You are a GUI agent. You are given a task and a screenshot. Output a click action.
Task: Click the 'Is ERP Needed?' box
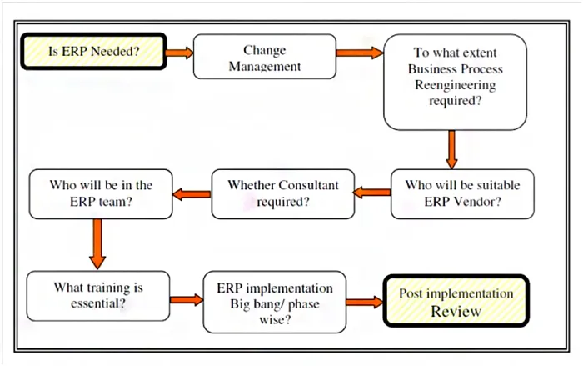click(93, 52)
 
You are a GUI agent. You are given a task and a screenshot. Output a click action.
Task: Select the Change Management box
click(265, 57)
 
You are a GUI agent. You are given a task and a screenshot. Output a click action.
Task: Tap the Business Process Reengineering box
click(455, 82)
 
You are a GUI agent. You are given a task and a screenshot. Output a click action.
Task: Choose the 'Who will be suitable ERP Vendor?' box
click(462, 194)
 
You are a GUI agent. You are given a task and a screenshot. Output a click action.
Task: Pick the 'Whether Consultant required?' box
click(283, 194)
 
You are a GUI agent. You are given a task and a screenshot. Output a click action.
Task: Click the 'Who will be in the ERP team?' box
click(101, 194)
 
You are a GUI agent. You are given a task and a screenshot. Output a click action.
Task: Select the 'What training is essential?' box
click(98, 296)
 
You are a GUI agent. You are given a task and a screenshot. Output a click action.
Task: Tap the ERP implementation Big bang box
click(275, 302)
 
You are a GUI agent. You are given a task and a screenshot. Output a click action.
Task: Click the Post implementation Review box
click(456, 301)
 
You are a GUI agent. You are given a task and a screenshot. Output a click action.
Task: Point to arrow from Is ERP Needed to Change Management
click(180, 53)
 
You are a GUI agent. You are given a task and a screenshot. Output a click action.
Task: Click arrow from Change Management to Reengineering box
click(360, 53)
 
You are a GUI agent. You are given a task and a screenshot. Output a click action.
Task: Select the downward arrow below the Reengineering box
click(451, 150)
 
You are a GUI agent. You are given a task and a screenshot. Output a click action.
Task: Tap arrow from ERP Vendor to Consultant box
click(371, 193)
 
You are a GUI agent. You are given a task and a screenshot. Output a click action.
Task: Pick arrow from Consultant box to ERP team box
click(192, 194)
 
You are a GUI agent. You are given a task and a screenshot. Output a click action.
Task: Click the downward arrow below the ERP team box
click(97, 244)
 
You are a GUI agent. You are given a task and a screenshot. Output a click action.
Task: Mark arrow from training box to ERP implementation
click(187, 300)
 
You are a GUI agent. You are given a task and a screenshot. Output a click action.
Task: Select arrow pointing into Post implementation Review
click(365, 302)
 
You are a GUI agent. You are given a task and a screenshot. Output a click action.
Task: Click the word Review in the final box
click(456, 311)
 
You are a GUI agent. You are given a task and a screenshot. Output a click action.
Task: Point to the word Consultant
click(308, 185)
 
